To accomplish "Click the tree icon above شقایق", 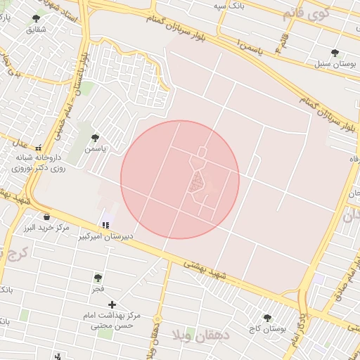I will (x=37, y=19).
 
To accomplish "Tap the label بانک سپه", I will (x=233, y=5).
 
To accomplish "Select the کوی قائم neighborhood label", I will (x=304, y=13).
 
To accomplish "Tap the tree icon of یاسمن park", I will (x=95, y=138).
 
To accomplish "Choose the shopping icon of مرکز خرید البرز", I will (x=46, y=217).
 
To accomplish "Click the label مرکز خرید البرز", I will (x=46, y=229).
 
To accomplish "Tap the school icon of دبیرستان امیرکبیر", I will (x=105, y=225).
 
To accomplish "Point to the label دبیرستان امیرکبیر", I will (x=103, y=238).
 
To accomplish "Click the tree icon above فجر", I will (x=97, y=278).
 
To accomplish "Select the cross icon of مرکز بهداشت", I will (x=112, y=304).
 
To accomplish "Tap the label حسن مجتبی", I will (x=115, y=326).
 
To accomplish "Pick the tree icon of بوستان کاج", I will (x=266, y=318).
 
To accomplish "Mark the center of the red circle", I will (x=180, y=179).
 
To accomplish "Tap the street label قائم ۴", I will (x=283, y=42).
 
